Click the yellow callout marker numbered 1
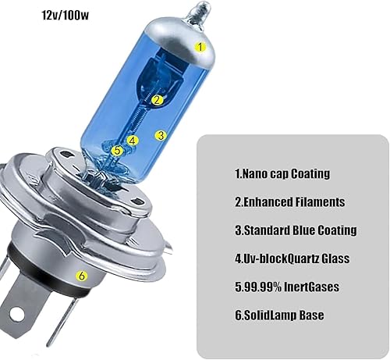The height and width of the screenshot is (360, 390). (200, 46)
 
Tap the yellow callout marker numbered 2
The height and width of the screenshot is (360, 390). (157, 100)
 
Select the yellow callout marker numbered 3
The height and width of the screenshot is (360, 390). (161, 134)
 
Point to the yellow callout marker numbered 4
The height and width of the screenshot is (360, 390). (133, 141)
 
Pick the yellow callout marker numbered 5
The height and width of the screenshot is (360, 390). (117, 150)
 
